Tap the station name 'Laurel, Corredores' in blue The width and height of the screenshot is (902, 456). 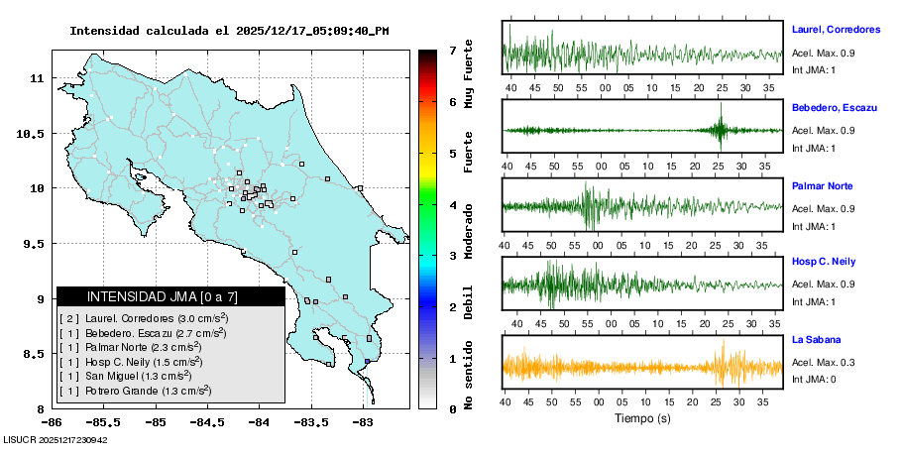click(x=837, y=30)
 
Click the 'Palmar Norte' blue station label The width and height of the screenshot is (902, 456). click(x=822, y=186)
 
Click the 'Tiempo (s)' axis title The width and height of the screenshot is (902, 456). click(x=642, y=418)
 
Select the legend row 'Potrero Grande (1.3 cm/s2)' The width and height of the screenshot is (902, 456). click(x=135, y=392)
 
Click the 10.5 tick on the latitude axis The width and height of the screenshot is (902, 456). click(x=34, y=133)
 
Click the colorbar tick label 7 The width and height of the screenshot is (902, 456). click(x=452, y=50)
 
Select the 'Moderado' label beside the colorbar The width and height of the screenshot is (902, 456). click(x=469, y=228)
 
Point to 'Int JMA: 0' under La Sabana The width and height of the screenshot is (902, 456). click(x=814, y=379)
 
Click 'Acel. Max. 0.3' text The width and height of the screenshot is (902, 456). click(x=824, y=363)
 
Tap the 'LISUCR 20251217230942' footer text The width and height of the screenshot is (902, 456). click(x=56, y=440)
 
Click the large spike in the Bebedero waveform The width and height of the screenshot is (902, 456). click(x=721, y=130)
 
